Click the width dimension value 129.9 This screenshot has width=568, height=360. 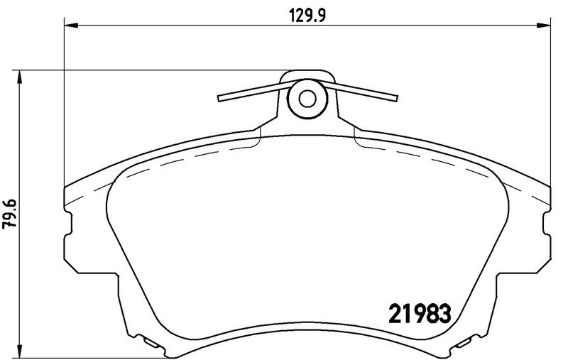[x=307, y=16]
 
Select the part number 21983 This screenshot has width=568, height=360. [x=420, y=313]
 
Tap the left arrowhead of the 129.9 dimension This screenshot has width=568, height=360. [x=71, y=25]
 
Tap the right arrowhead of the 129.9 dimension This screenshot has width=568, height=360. [x=543, y=25]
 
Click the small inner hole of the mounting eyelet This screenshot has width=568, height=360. [x=307, y=99]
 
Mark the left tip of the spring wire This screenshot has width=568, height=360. [x=219, y=99]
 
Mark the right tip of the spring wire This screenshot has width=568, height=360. [x=397, y=98]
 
